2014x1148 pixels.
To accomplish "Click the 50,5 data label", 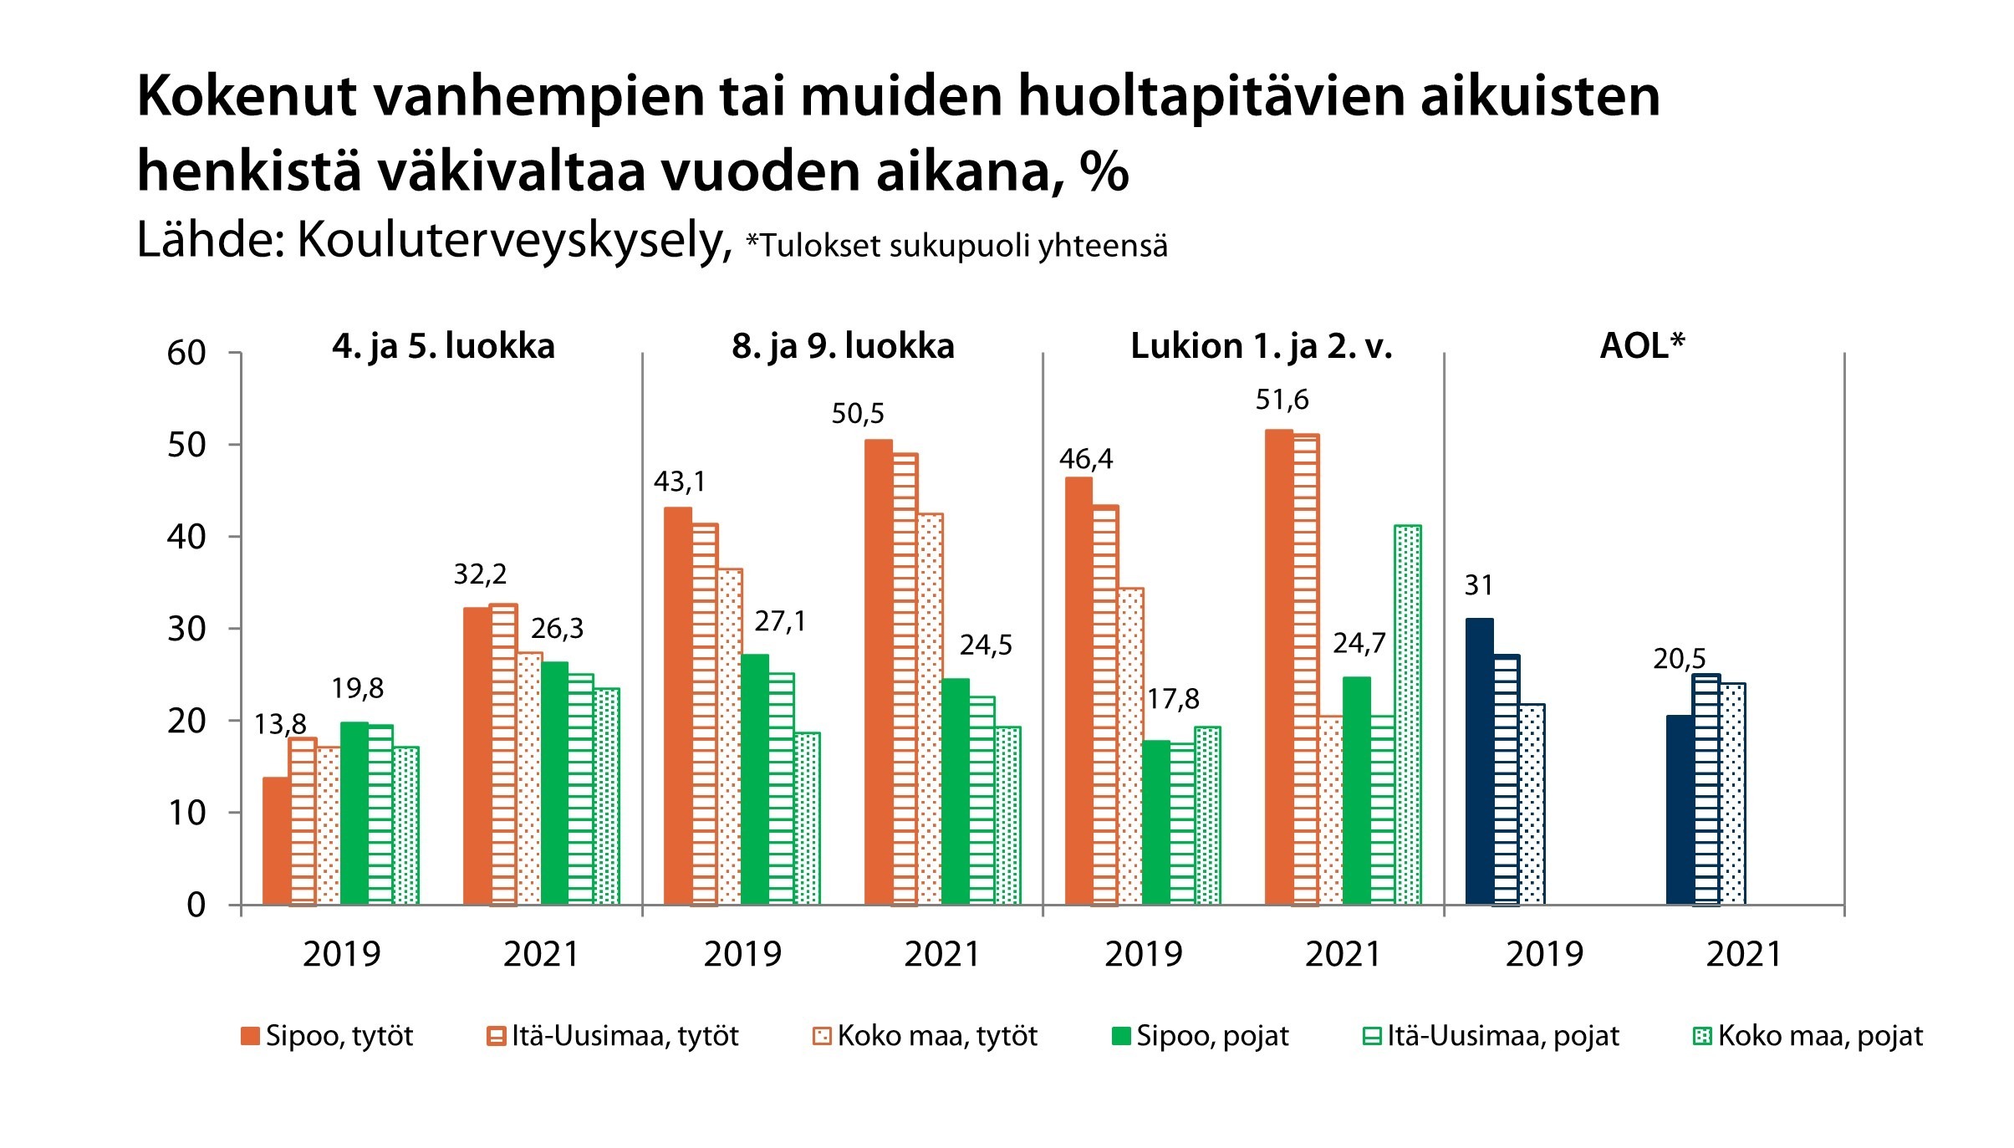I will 857,414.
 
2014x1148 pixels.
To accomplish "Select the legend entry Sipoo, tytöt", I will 327,1036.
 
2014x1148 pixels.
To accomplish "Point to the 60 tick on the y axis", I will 186,353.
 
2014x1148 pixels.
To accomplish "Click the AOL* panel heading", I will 1642,346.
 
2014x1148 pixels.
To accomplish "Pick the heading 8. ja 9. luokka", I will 843,346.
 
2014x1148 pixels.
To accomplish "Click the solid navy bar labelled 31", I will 1479,761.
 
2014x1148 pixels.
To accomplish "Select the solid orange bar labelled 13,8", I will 276,840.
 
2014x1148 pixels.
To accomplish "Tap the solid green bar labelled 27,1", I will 755,779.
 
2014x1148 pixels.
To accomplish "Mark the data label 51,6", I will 1282,401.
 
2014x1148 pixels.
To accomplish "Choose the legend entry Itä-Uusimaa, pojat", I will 1491,1036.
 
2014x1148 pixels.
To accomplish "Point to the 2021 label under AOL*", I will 1744,954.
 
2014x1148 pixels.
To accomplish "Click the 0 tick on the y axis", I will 196,905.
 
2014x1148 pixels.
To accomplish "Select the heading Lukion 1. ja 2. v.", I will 1262,346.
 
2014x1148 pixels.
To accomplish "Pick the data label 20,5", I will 1679,659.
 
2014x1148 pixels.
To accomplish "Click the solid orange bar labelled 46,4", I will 1078,691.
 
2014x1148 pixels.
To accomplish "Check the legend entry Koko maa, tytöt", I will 925,1036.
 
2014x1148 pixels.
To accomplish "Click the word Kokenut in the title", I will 247,96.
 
